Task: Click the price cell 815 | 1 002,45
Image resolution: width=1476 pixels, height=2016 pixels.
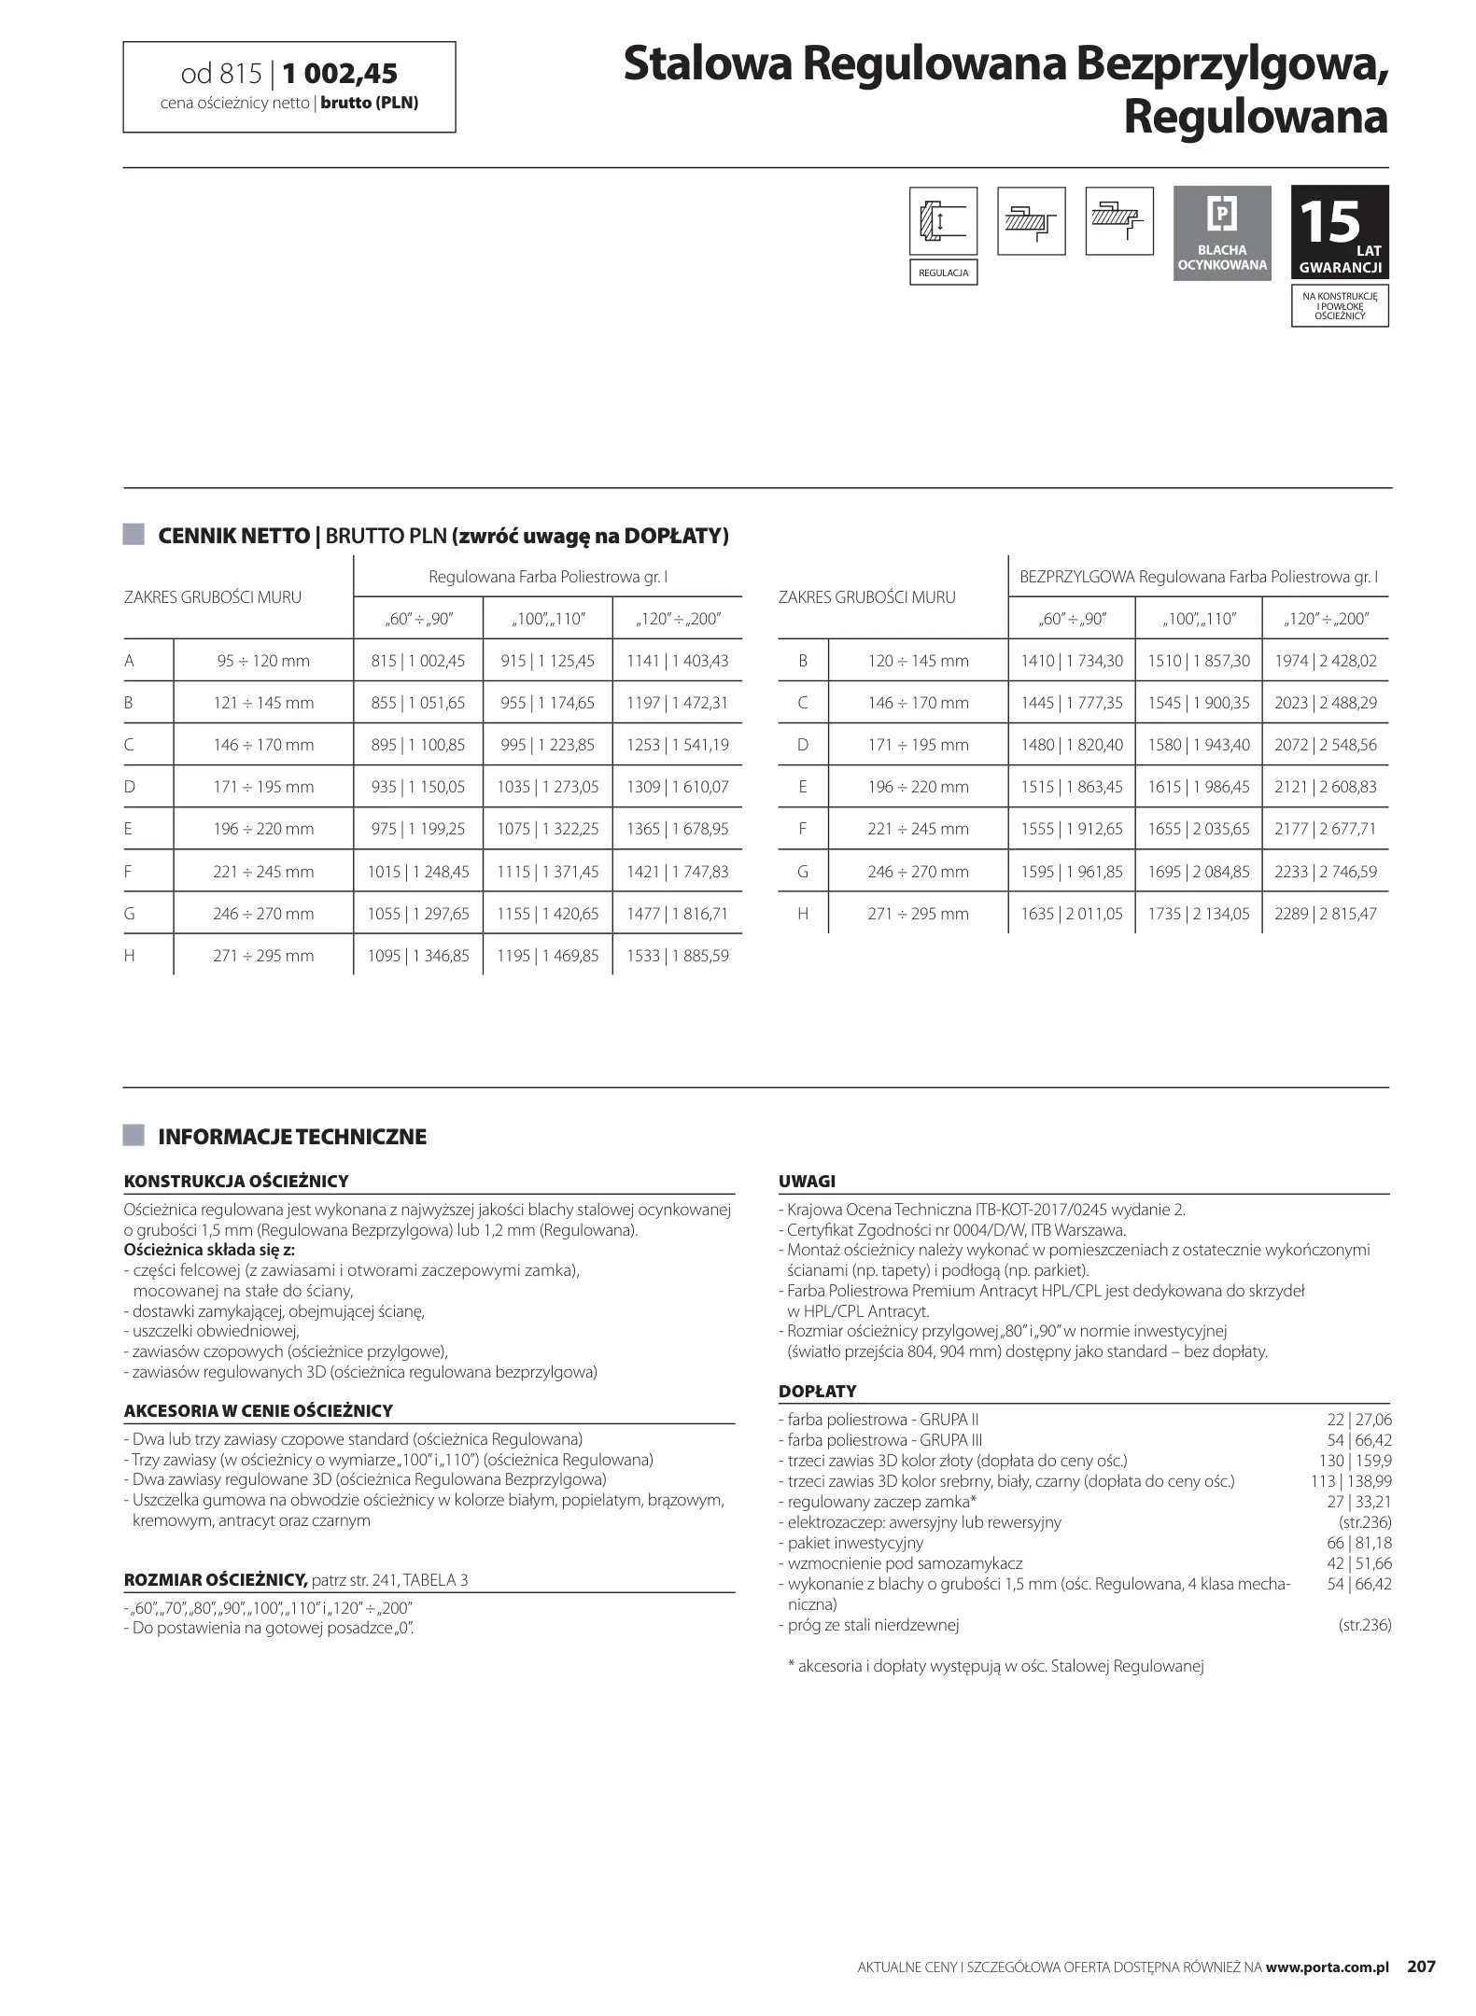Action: click(x=417, y=661)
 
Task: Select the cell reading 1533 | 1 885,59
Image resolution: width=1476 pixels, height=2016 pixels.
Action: click(x=677, y=956)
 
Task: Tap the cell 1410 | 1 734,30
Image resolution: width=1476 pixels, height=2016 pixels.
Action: click(x=1071, y=661)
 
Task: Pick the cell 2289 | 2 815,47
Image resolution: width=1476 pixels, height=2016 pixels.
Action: click(x=1325, y=914)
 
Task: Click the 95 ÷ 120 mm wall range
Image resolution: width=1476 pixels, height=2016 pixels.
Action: click(x=263, y=661)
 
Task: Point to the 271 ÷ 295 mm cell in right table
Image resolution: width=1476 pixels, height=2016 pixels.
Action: click(x=918, y=914)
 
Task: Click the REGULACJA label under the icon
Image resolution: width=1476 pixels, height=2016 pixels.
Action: click(x=943, y=273)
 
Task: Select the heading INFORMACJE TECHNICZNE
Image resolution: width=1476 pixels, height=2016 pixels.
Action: click(x=292, y=1137)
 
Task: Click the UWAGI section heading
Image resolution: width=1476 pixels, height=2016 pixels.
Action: click(x=807, y=1182)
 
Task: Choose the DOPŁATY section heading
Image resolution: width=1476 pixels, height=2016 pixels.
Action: click(x=817, y=1392)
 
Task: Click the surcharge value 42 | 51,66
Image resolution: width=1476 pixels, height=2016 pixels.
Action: click(x=1359, y=1563)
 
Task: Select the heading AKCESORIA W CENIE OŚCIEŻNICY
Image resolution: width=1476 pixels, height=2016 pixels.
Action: click(x=258, y=1411)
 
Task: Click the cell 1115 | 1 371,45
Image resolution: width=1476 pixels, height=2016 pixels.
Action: click(x=547, y=872)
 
